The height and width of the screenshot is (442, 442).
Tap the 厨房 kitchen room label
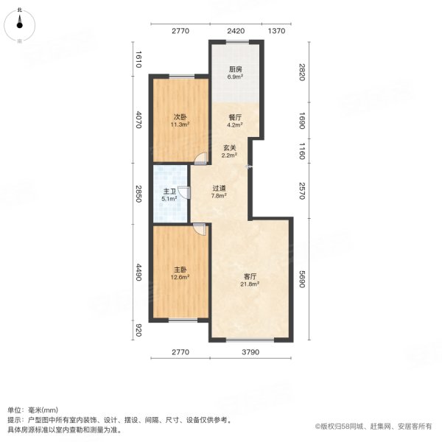235,70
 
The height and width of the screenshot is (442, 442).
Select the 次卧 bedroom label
180,116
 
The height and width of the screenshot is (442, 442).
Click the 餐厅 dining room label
231,116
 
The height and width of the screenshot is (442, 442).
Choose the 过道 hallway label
219,188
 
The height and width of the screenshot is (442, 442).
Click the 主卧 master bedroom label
180,269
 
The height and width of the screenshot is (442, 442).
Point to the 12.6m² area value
180,278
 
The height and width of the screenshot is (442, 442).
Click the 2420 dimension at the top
235,31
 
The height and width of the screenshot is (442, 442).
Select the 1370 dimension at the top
276,31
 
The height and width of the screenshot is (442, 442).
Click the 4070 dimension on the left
138,119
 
